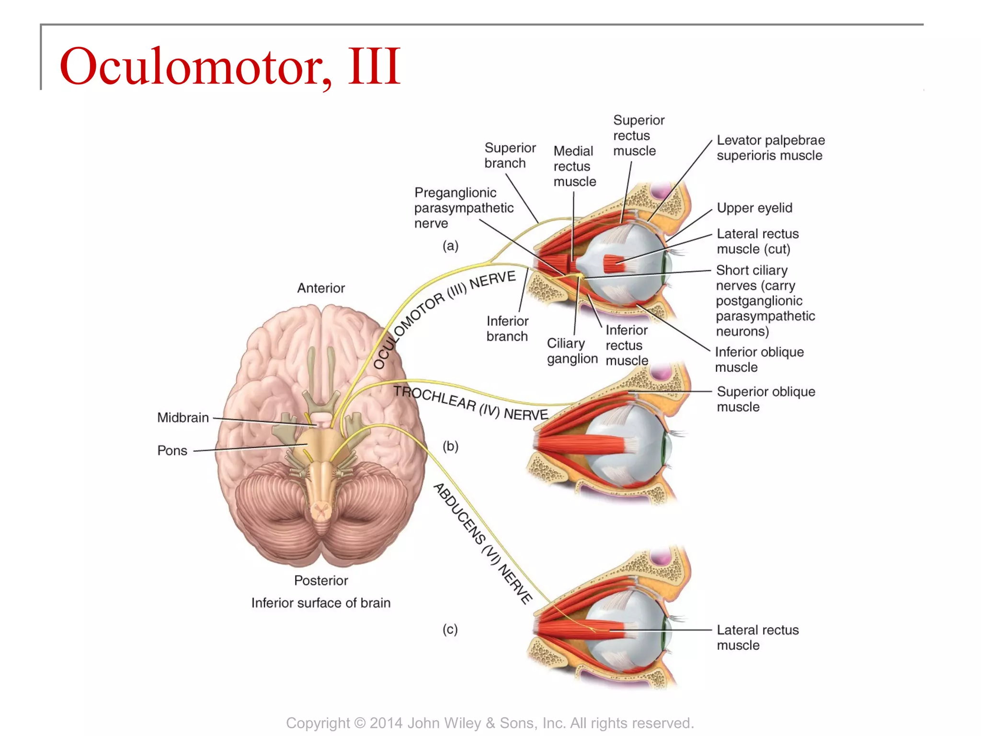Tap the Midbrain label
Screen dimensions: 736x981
tap(183, 418)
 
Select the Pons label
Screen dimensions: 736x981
tap(172, 451)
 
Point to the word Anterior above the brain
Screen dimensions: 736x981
tap(321, 288)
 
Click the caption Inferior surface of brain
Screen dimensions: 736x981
tap(320, 603)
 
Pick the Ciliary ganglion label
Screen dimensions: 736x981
tap(572, 351)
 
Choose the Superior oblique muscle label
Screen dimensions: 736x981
tap(765, 399)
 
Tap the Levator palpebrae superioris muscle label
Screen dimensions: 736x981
tap(770, 148)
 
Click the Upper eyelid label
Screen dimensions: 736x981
tap(754, 208)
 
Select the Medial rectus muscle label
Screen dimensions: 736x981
tap(574, 166)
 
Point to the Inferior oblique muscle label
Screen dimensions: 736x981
tap(759, 359)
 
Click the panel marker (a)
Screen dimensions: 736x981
tap(450, 246)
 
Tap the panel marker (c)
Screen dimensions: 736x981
tap(450, 629)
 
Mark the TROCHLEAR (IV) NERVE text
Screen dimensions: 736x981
tap(470, 403)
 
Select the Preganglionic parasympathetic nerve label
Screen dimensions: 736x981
tap(463, 208)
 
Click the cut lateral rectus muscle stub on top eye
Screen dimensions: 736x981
tap(614, 263)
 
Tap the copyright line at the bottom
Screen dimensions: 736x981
tap(490, 723)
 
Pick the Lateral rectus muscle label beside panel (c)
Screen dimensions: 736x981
tap(757, 637)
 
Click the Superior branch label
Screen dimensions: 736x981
tap(510, 155)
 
